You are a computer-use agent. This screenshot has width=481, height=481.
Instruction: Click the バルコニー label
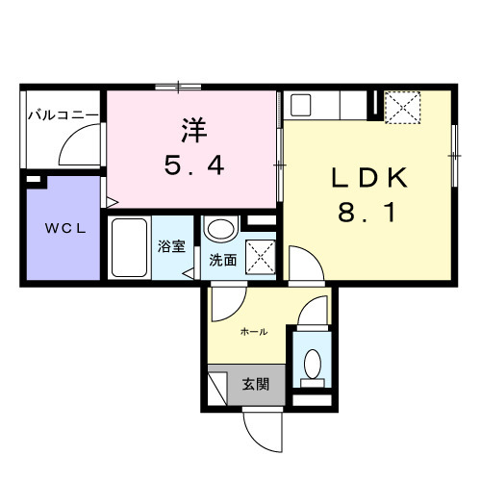click(x=62, y=114)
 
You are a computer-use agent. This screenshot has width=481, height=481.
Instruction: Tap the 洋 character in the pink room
click(x=190, y=129)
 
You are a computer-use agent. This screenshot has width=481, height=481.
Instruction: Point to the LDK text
click(x=371, y=179)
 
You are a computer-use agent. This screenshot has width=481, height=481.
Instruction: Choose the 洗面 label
click(x=223, y=260)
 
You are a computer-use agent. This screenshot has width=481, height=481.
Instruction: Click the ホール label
click(x=253, y=331)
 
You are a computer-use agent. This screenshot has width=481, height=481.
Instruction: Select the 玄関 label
click(x=255, y=383)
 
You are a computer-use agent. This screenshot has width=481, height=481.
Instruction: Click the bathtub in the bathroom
click(x=129, y=247)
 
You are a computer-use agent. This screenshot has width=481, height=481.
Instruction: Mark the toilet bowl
click(x=312, y=364)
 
